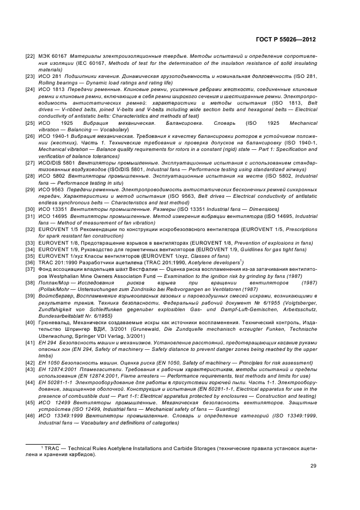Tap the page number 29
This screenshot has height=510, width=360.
313,465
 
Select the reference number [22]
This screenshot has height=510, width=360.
29,57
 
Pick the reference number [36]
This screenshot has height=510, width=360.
29,263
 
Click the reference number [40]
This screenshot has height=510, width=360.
29,325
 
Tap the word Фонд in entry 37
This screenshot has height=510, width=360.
45,269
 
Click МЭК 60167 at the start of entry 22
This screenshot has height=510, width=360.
51,57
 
